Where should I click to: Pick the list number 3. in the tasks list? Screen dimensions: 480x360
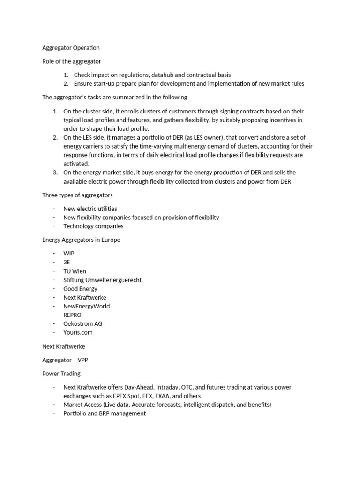(x=55, y=172)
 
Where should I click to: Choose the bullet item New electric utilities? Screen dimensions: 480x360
(x=90, y=209)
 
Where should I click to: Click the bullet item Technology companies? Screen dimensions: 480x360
(x=93, y=226)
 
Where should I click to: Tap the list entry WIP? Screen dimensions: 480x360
(x=69, y=253)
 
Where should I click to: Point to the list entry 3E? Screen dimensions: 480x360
(x=67, y=262)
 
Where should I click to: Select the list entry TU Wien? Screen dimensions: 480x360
(x=75, y=271)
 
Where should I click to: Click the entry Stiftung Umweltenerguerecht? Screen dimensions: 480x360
(x=102, y=280)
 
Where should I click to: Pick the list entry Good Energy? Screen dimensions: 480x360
(x=80, y=289)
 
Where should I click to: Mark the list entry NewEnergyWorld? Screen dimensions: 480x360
(x=86, y=306)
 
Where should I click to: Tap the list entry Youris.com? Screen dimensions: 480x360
(x=78, y=332)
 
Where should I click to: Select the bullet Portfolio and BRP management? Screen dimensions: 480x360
(x=105, y=413)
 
